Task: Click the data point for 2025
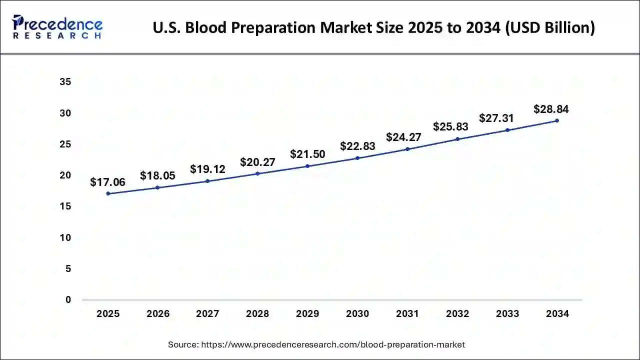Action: (108, 193)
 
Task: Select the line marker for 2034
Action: (557, 120)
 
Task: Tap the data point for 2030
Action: (357, 158)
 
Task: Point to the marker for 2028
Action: (257, 173)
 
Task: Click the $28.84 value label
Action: (551, 109)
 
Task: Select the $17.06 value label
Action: (107, 182)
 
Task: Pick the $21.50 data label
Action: (307, 154)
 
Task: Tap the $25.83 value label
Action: (450, 127)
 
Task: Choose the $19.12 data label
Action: (207, 169)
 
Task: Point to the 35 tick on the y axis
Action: (65, 82)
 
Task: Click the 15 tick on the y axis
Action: (65, 206)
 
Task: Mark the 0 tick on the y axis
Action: (68, 300)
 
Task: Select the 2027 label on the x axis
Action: (207, 314)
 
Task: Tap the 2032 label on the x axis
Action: (457, 314)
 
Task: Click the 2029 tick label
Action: (307, 314)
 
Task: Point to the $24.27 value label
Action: (403, 137)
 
